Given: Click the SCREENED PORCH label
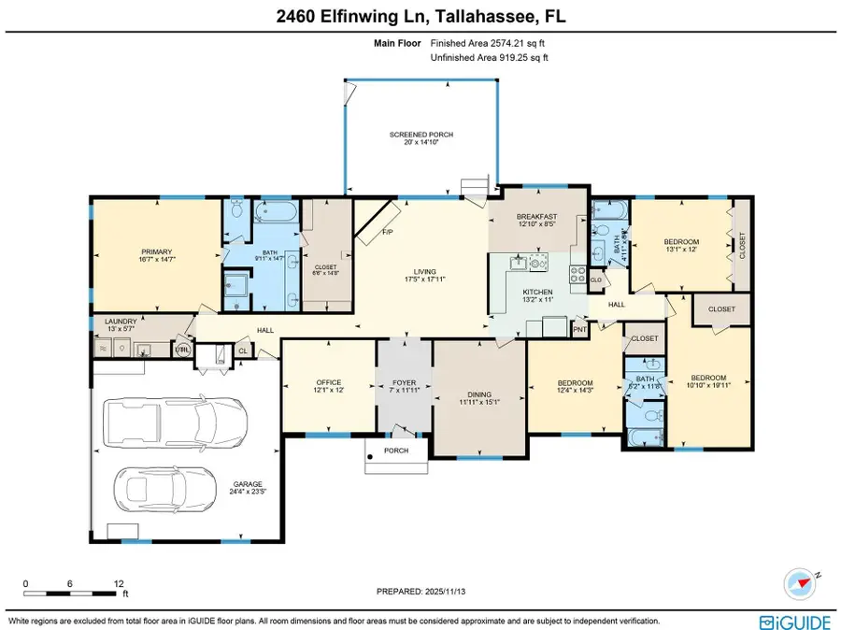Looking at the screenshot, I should [x=414, y=135].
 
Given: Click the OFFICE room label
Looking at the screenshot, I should [x=329, y=382].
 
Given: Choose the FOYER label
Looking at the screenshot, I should [x=405, y=382].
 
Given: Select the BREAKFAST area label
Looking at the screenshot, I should [x=537, y=216].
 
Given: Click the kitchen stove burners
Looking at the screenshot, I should [x=538, y=263].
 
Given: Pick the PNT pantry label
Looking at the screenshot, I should [x=579, y=329].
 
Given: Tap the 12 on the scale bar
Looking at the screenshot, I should [x=119, y=582].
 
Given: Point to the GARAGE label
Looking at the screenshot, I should [x=248, y=483].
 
